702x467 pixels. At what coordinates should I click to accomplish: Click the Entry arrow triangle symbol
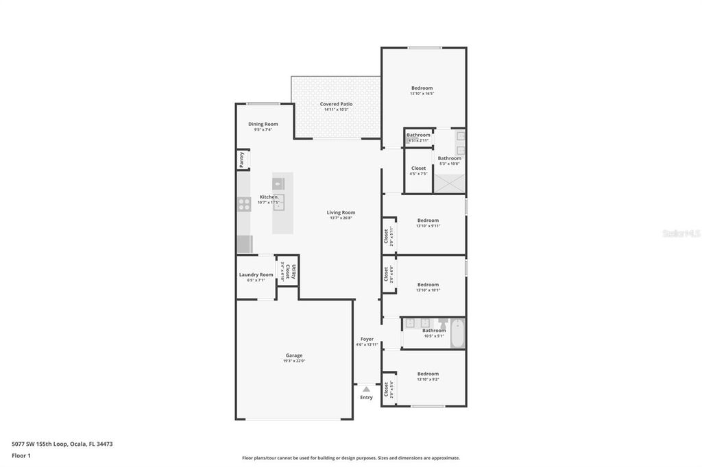[366, 389]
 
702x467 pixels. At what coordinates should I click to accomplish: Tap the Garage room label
[294, 355]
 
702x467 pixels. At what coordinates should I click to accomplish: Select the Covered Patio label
[336, 104]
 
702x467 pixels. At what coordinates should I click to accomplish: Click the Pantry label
[242, 160]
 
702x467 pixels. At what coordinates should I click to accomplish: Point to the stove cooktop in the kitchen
[244, 203]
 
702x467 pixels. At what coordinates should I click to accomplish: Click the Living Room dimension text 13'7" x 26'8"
[341, 218]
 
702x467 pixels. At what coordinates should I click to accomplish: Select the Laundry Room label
[256, 275]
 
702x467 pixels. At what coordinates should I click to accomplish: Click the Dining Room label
[263, 124]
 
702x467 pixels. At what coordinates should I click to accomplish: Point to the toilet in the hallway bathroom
[442, 323]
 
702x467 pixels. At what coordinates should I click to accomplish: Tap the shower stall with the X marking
[450, 182]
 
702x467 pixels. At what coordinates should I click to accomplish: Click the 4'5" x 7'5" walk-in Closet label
[418, 168]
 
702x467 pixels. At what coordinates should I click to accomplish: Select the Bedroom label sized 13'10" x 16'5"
[422, 88]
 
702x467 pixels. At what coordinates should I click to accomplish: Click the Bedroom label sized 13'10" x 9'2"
[428, 374]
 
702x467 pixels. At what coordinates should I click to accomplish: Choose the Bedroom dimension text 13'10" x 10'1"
[428, 290]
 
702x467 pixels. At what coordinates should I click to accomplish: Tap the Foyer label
[367, 339]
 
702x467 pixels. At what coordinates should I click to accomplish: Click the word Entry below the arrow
[367, 397]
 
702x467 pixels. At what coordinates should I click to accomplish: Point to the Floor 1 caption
[21, 455]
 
